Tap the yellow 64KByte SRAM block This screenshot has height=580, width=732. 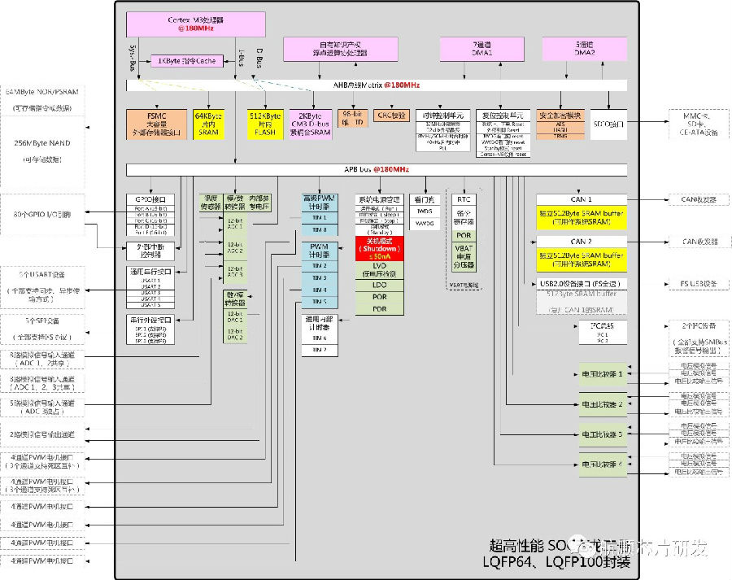click(x=209, y=124)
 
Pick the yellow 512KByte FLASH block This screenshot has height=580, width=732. click(x=265, y=124)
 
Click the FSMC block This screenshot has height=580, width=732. click(x=156, y=124)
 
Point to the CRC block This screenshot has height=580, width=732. click(x=391, y=116)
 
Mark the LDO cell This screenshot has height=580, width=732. click(x=380, y=285)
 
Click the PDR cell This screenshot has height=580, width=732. click(x=380, y=309)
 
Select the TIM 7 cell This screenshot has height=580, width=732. click(x=320, y=351)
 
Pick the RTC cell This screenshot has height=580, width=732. click(x=464, y=199)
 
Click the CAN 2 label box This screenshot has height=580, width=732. click(x=581, y=242)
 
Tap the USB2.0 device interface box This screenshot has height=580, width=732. click(x=581, y=284)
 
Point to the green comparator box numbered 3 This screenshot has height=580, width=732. click(x=602, y=434)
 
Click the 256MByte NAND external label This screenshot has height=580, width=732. click(x=50, y=142)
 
